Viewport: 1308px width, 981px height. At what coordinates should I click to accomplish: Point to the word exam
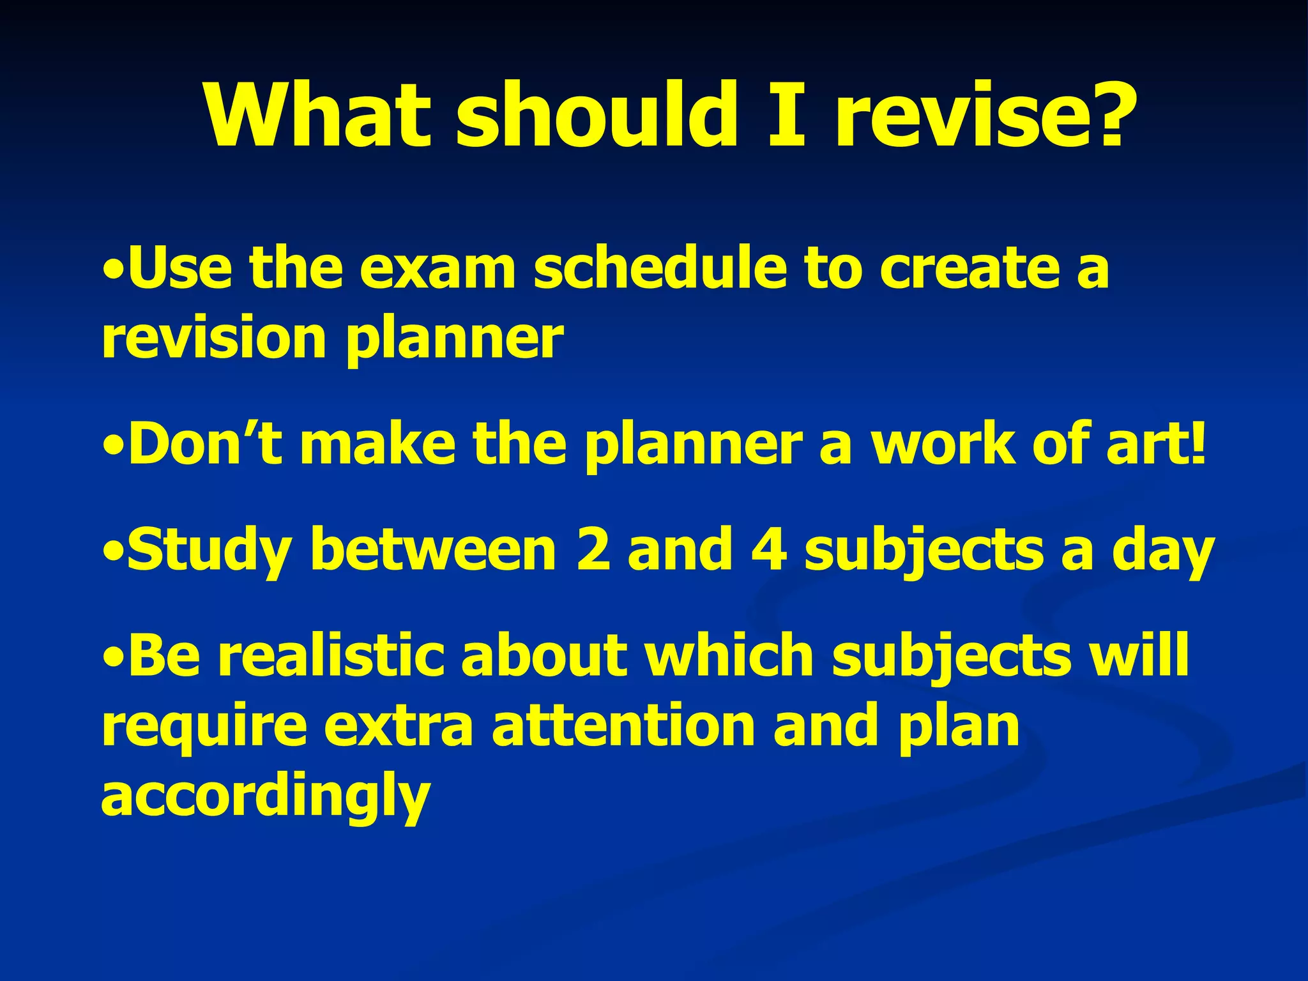437,268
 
